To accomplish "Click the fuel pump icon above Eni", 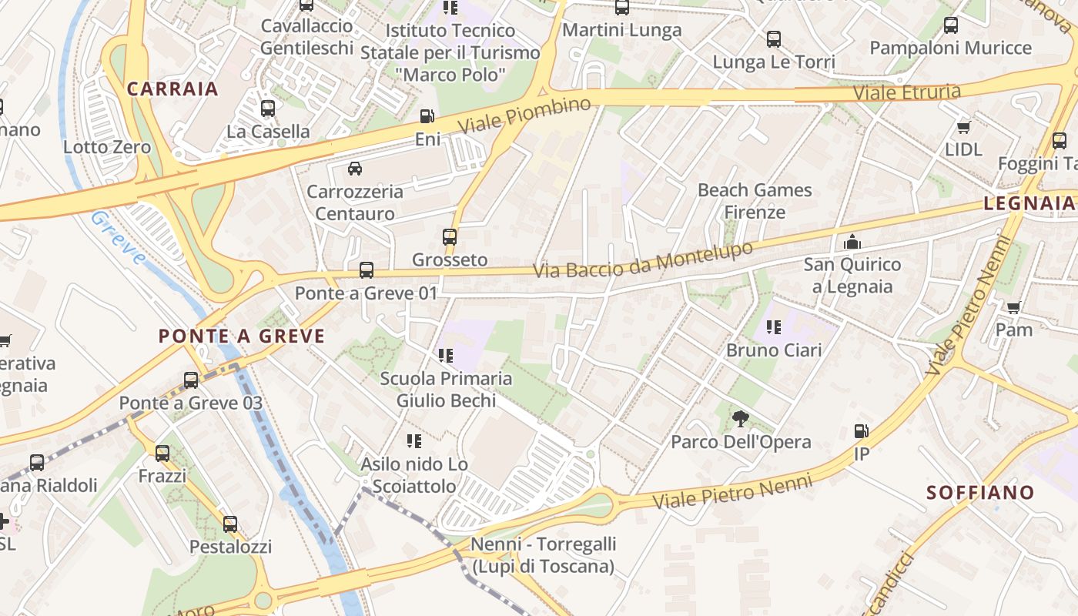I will tap(426, 116).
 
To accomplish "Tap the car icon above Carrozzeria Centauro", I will tap(354, 168).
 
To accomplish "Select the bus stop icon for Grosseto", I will tap(450, 236).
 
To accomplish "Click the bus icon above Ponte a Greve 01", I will tap(367, 270).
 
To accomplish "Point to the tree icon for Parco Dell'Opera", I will tap(741, 419).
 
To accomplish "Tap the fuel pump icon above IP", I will tap(862, 431).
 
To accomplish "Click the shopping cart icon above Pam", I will tap(1014, 307).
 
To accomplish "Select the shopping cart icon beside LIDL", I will tap(963, 126).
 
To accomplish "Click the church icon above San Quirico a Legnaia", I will tap(852, 242).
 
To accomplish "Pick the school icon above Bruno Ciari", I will tap(774, 327).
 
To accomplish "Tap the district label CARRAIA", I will tap(172, 89).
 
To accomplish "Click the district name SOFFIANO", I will tap(980, 493).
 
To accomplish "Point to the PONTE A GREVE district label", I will tap(242, 336).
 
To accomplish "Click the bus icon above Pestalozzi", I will tap(230, 524).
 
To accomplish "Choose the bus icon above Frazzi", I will tap(162, 454).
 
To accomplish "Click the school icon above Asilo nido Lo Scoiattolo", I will tap(414, 441).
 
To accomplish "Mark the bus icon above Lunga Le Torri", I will tap(774, 39).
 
